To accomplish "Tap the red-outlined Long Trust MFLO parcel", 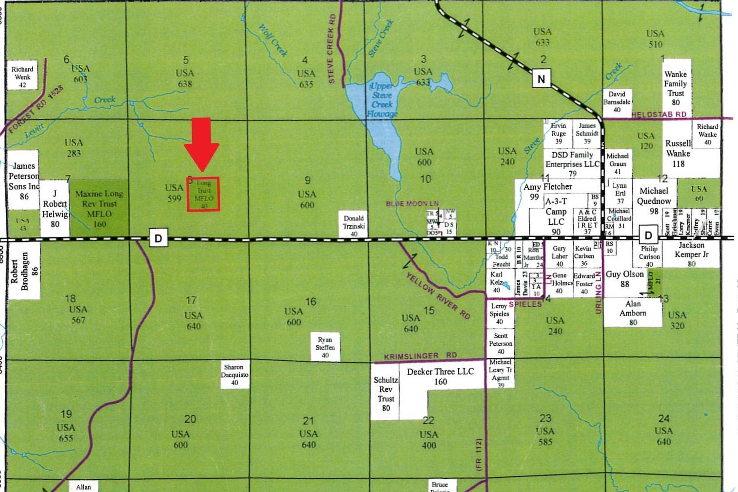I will coord(204,194).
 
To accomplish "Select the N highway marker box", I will coord(541,79).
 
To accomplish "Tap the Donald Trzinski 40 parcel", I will coord(354,225).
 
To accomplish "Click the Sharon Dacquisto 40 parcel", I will coord(234,374).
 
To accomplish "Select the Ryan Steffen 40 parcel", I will coord(325,347).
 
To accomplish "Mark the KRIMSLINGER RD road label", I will coord(420,356).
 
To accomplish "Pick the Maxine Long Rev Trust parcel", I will coord(99,209).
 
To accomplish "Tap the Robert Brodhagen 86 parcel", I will coord(24,271).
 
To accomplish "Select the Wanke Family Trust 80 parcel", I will coord(676,88).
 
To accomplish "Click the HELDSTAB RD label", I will coord(659,115).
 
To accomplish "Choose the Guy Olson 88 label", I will coord(625,278).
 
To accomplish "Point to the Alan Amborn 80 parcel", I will coord(633,313).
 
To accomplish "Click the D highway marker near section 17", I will coord(158,238).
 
